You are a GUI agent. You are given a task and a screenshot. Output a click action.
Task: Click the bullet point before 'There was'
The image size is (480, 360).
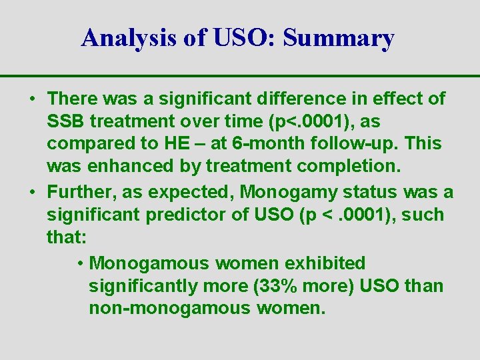point(33,99)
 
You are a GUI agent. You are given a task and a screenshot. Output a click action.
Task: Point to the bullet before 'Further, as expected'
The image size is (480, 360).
point(33,193)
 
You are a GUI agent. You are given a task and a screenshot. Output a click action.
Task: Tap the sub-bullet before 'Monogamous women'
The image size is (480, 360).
point(80,263)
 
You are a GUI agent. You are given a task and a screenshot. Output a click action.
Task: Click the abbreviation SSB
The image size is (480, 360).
point(66,122)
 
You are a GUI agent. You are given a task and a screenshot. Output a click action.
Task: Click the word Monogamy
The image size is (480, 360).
point(285,193)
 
